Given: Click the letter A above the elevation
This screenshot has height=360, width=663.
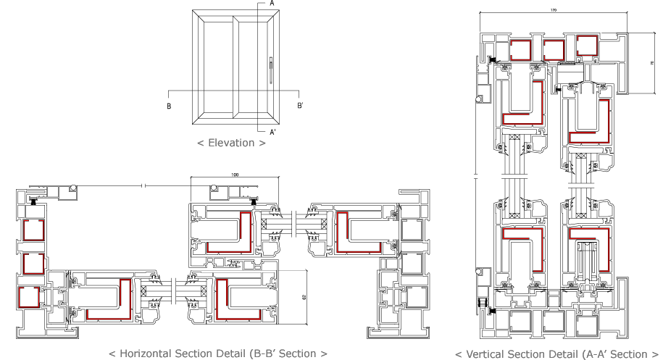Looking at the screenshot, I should pos(272,4).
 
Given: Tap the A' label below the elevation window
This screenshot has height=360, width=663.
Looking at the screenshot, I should pos(272,133).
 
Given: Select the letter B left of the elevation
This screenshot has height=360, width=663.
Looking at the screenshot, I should pos(168,106).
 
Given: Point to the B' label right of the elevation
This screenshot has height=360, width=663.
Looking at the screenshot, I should pos(300,106).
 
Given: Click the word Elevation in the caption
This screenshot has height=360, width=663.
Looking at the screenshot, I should pos(231,143).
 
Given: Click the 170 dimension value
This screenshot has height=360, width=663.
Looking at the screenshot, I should pos(554,11).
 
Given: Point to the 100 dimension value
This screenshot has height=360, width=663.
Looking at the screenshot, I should pos(235,175).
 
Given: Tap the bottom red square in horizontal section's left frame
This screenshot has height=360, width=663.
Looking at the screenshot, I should pos(28,296).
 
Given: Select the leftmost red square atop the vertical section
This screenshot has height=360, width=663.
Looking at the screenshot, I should pos(520,50).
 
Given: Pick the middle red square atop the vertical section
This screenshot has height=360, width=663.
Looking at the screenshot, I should pos(554,49).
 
